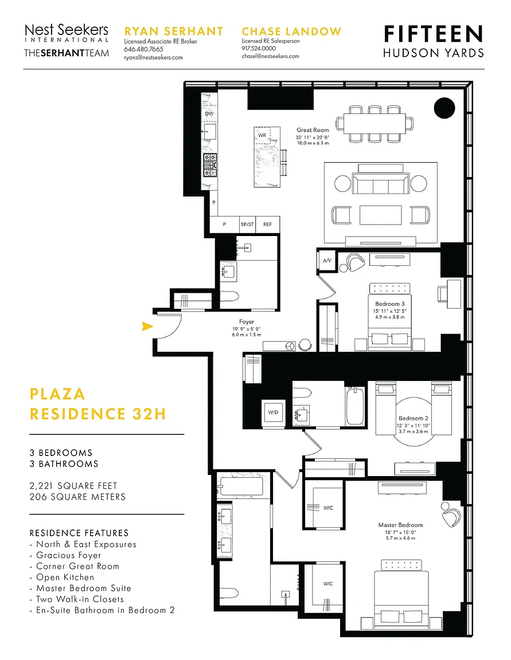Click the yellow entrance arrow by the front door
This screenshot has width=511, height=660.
point(147,326)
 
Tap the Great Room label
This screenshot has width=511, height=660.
point(313,130)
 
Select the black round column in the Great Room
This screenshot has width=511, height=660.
point(444,108)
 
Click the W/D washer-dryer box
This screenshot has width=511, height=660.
point(273,412)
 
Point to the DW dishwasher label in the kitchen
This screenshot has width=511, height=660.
point(209,113)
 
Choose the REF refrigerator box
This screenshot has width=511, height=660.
point(267,225)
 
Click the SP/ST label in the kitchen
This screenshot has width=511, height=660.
point(247,225)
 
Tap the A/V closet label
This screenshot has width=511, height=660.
point(327,261)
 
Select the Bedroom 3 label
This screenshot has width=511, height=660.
point(389,304)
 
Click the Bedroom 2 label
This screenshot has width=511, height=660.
point(414,418)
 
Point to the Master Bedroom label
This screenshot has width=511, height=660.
point(400,525)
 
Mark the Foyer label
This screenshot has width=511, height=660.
point(247,321)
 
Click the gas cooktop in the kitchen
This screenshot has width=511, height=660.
point(210,165)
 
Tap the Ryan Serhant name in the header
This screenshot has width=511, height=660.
point(174,32)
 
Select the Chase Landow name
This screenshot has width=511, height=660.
point(291,32)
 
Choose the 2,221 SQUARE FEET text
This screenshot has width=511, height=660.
point(73,486)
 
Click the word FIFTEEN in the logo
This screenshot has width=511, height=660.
point(434,34)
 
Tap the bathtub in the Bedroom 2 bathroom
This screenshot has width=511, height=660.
point(354,406)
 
